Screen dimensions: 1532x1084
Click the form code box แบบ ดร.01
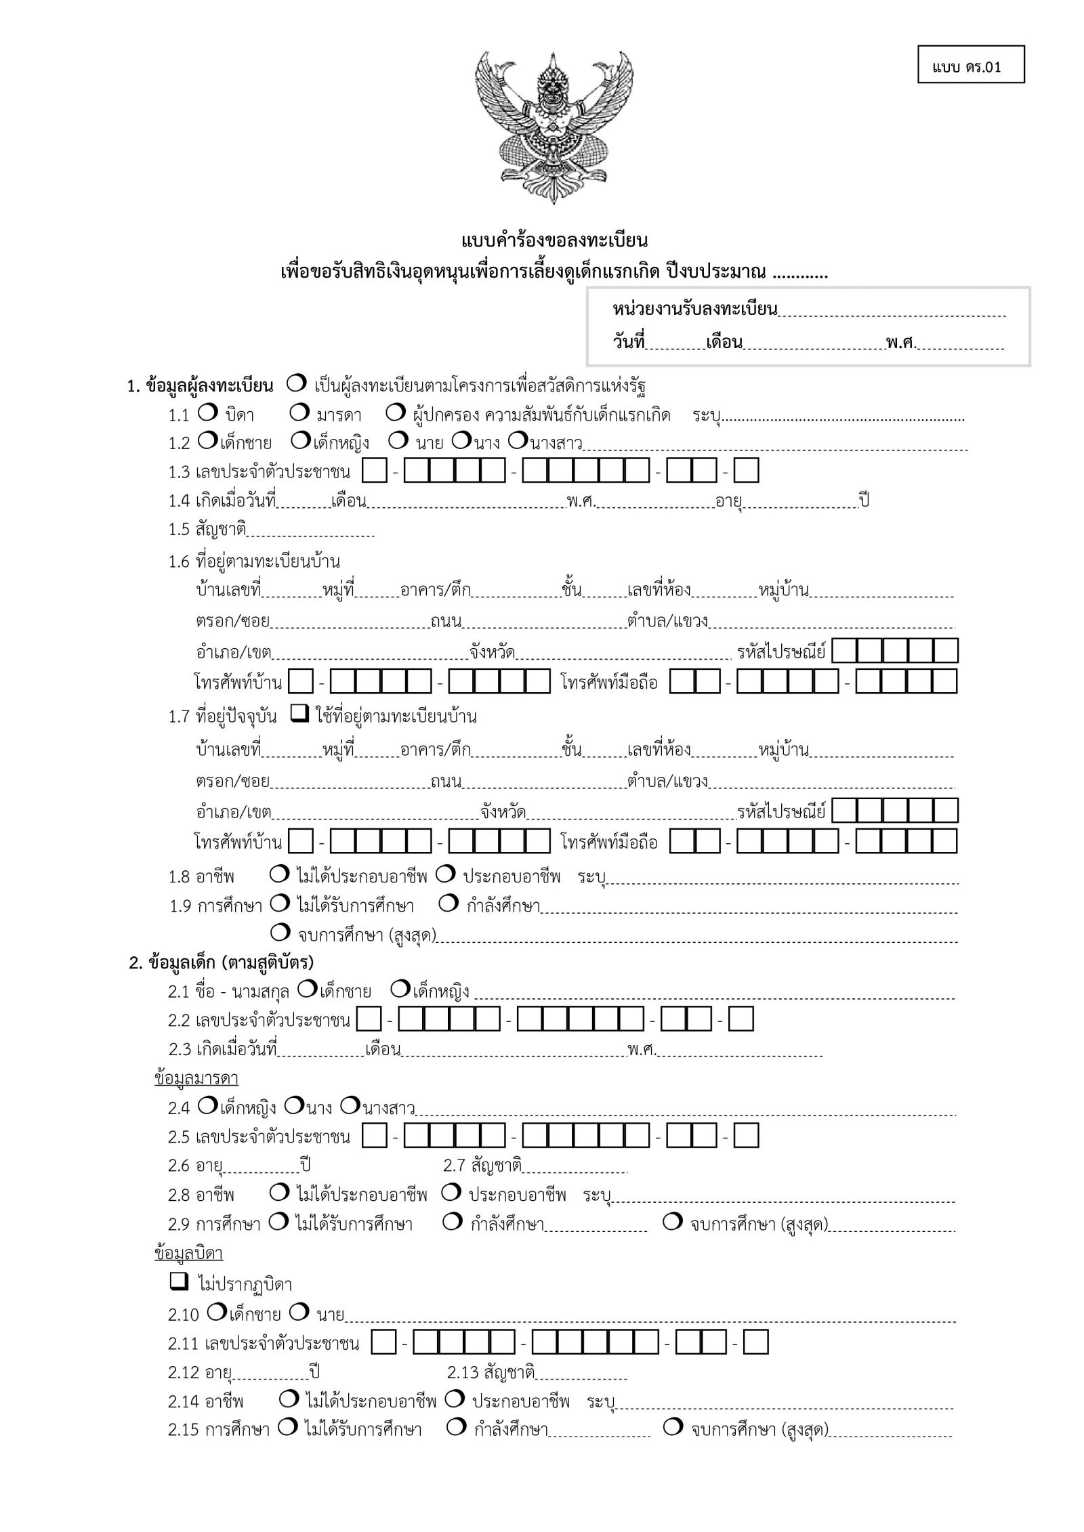[970, 65]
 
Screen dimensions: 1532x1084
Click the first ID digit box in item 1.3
[375, 471]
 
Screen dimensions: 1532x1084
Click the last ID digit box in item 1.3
[747, 471]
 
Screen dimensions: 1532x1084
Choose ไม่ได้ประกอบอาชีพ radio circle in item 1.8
[278, 874]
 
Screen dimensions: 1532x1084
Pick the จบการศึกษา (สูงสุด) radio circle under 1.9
[280, 933]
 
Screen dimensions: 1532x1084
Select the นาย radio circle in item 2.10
[299, 1312]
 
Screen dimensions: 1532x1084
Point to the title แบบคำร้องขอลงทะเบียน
[554, 240]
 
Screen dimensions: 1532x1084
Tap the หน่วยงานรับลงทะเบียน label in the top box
[695, 310]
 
